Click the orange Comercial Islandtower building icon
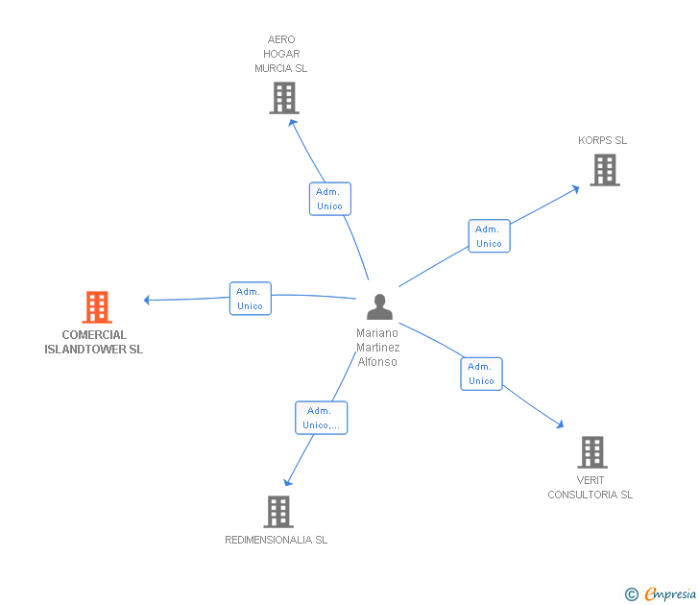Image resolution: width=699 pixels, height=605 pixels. point(97,307)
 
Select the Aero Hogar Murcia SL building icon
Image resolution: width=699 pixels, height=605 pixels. point(283,98)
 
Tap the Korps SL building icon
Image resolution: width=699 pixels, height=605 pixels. point(604,170)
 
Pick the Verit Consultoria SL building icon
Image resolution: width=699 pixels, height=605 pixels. point(592,451)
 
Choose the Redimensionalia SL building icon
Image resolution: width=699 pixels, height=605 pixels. point(277,511)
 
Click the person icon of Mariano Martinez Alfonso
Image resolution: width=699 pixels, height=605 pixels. point(380,307)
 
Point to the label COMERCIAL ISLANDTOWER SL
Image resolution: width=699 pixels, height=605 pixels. point(94,343)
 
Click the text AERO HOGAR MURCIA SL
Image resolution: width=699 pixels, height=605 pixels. point(281,55)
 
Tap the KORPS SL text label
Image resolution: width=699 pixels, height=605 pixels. point(602,140)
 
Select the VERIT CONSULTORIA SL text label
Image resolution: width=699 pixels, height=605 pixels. point(591,488)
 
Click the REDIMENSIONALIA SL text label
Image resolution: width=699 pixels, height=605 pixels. point(277,540)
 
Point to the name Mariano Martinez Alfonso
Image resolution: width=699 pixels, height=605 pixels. point(377,348)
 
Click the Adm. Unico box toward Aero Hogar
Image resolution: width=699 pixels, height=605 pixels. point(329,199)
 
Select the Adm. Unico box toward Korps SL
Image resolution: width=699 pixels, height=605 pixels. point(489,236)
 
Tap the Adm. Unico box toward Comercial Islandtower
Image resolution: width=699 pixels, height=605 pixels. point(250,299)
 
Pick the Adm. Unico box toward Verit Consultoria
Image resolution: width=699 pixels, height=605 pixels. point(481,374)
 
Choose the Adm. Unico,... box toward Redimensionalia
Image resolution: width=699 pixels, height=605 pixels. point(321,418)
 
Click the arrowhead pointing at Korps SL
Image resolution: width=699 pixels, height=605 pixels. point(575,186)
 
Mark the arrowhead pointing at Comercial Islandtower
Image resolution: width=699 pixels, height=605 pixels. point(147,300)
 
